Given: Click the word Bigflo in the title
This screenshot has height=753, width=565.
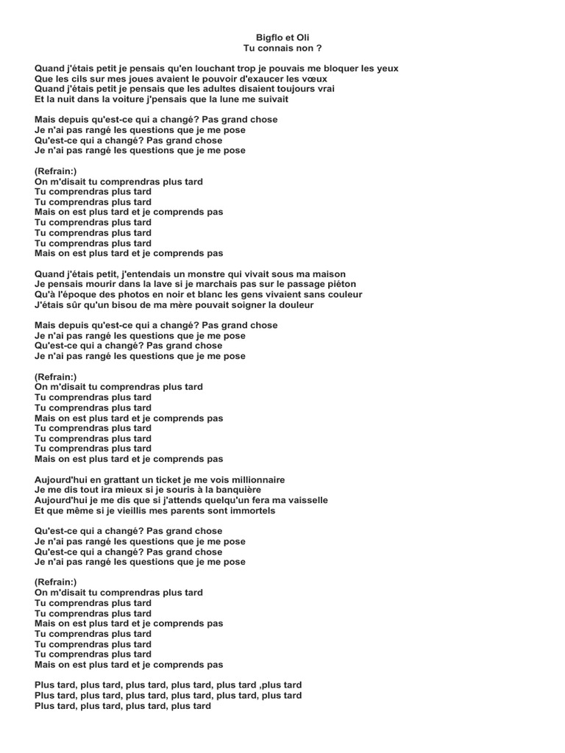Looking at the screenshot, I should coord(269,37).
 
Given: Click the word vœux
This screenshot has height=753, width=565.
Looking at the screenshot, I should coord(313,79).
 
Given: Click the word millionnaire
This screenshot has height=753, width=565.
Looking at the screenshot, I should coord(248,479).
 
